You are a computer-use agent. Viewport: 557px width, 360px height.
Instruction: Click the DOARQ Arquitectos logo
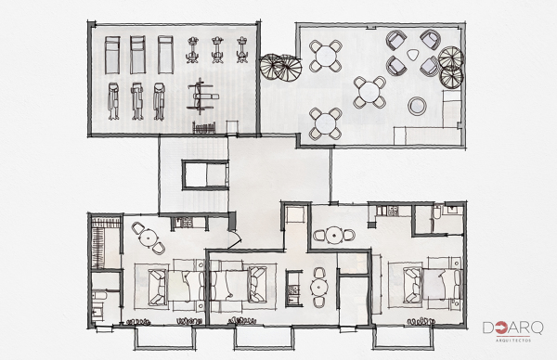[514, 331]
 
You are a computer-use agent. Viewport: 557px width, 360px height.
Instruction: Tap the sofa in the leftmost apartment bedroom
[154, 281]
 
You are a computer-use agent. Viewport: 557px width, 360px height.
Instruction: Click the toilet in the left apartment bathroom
[101, 297]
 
